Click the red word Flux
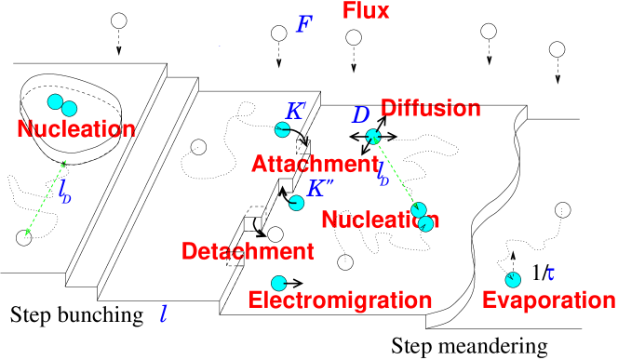[x=366, y=12]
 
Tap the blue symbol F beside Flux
[x=303, y=25]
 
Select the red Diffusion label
[x=430, y=109]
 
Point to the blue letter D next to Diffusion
[x=361, y=115]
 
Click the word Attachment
[x=315, y=165]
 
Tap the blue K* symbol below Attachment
[x=319, y=189]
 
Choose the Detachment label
[x=248, y=251]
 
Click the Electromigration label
[x=340, y=301]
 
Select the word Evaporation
[x=548, y=301]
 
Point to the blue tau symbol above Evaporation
[x=551, y=274]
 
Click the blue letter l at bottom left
[x=164, y=314]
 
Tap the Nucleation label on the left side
[x=76, y=129]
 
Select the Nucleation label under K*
[x=380, y=220]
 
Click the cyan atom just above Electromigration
[x=278, y=283]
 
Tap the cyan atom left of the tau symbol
[x=513, y=280]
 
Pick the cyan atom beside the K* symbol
[x=297, y=203]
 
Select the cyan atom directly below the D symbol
[x=373, y=137]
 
